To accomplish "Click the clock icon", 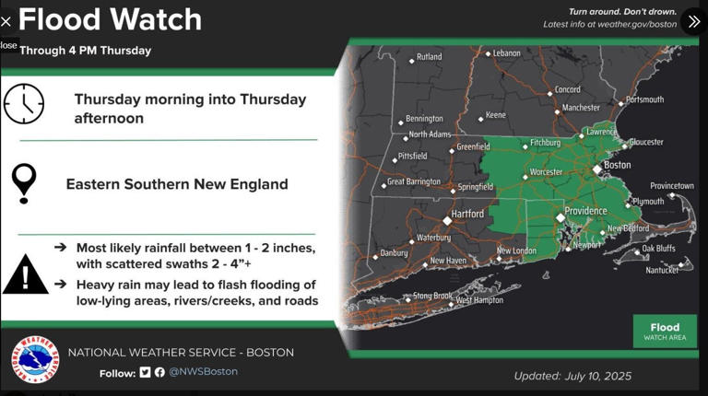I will pos(24,103).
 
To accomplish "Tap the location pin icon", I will pos(24,182).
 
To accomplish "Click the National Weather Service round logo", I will pos(35,359).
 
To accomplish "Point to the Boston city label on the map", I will pos(617,165).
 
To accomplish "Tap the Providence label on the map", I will pos(585,211).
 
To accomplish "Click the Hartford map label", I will pos(467,214).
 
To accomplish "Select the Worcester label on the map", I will pos(546,171).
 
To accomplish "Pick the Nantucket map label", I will pos(662,270).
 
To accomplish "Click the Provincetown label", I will pos(671,186).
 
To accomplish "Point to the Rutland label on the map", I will pos(429,57).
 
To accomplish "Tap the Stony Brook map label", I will pos(431,296).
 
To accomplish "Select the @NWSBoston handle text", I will pos(203,372).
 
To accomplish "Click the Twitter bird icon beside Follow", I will pos(145,372).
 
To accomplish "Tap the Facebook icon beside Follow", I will pos(159,372).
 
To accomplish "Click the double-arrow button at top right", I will pos(692,21).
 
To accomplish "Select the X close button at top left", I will pos(6,21).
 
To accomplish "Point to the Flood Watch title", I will pos(110,19).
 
